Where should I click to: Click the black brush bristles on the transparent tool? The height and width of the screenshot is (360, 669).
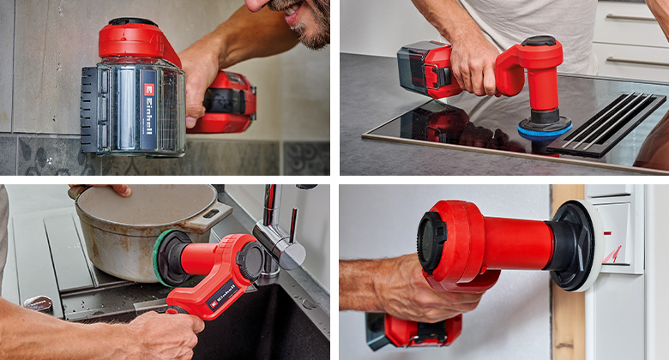(88, 111)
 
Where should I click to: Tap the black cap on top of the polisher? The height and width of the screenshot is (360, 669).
(539, 40)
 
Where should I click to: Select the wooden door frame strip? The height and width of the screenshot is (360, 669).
(567, 317)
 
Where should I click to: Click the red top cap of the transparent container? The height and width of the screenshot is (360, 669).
(137, 39)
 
